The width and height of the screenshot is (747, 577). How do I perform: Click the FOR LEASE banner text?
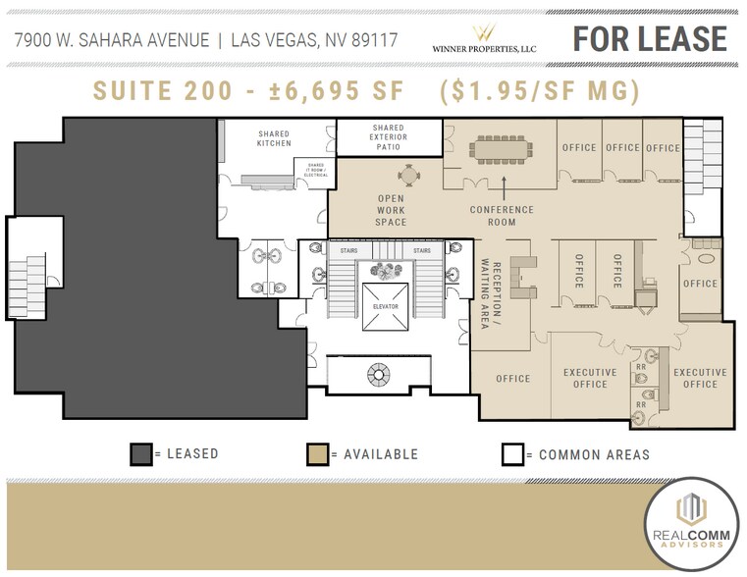tap(650, 38)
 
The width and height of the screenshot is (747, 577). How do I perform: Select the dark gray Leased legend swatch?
tap(142, 454)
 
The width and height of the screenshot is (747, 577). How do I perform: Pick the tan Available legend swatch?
tap(317, 454)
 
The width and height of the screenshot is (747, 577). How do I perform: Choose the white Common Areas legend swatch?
tap(511, 454)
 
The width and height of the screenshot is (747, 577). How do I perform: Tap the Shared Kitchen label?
tap(274, 138)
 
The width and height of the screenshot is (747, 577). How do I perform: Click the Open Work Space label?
tap(392, 210)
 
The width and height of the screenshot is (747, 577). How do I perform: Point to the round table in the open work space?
tap(407, 176)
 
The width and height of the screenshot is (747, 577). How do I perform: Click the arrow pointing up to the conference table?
tap(504, 184)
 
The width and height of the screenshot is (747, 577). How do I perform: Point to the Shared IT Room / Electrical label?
tap(316, 172)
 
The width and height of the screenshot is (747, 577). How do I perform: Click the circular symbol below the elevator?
tap(378, 372)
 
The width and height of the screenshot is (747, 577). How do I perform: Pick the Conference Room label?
tap(502, 215)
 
